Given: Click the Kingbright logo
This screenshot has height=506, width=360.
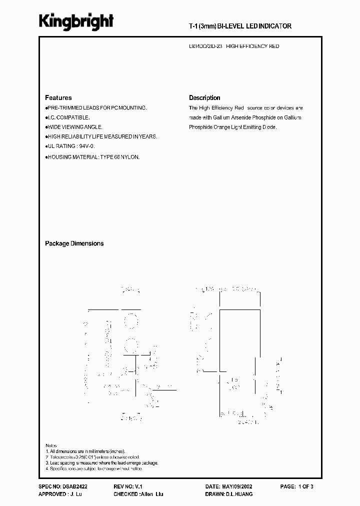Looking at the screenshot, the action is tap(76, 21).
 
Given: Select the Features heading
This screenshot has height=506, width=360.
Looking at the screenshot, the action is tap(58, 98).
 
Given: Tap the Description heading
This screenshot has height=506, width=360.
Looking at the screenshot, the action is tap(204, 98).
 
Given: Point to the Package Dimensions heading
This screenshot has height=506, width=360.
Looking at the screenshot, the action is tap(74, 243).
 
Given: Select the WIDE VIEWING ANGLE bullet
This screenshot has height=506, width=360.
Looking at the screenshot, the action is tap(74, 127).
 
